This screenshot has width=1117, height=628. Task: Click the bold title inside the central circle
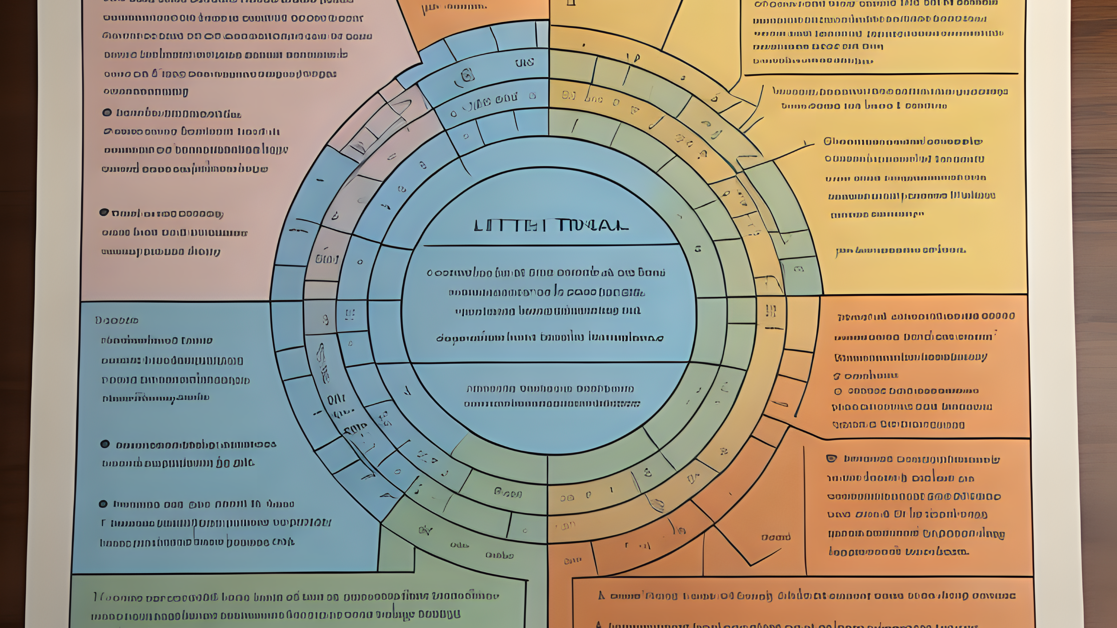tap(551, 226)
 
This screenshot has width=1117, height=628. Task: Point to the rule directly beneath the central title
tap(551, 245)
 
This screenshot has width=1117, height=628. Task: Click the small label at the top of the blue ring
tap(524, 63)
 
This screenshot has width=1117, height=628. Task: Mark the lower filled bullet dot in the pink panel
tap(104, 212)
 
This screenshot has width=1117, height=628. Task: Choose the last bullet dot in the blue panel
tap(103, 504)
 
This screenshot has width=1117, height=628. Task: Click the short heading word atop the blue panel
tap(117, 321)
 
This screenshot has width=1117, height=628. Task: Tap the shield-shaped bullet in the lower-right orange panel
tap(831, 459)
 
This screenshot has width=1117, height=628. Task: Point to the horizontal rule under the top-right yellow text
tap(880, 74)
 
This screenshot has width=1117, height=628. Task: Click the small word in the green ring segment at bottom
tap(507, 493)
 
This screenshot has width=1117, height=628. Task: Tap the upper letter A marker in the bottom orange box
tap(601, 596)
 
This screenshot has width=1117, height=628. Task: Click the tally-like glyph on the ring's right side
tap(770, 311)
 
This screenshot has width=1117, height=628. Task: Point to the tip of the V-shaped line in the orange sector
tap(750, 565)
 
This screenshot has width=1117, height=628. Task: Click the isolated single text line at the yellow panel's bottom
tap(900, 250)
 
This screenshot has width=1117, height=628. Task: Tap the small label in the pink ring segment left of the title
tap(327, 259)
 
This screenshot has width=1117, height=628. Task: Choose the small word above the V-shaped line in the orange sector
tap(776, 538)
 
